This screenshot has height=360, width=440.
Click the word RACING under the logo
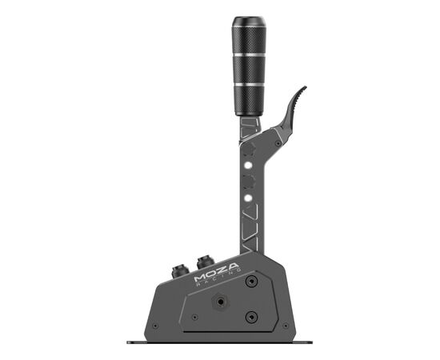tap(219, 278)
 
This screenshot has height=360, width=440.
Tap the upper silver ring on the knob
tap(249, 54)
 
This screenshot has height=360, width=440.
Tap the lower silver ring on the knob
tap(249, 85)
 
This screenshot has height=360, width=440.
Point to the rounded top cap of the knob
tap(249, 21)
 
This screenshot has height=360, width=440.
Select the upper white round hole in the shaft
tap(248, 165)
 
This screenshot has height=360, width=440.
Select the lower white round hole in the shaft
tap(248, 198)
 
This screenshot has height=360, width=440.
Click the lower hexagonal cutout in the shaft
tap(250, 182)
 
